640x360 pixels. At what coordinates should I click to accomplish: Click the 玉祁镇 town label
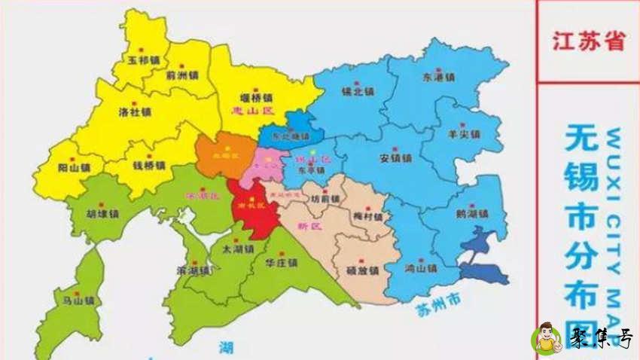click(143, 59)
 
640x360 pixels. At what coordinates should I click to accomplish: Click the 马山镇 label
click(78, 301)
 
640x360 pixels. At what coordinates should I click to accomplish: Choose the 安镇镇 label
click(395, 159)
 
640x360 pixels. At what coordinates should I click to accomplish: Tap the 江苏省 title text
click(588, 41)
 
